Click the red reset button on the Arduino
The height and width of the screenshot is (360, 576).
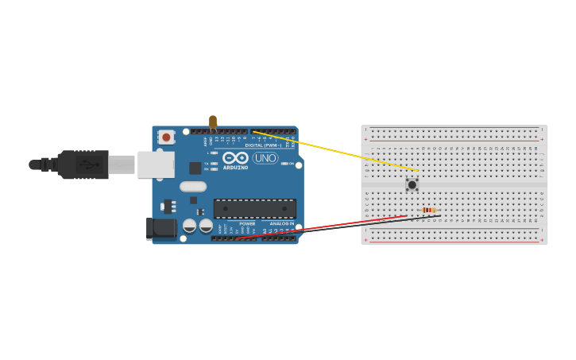[x=166, y=137]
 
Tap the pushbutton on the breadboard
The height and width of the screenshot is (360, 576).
[x=412, y=184]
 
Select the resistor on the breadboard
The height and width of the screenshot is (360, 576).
[x=429, y=210]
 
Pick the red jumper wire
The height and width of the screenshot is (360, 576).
[x=318, y=227]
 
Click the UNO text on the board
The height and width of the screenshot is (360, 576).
[x=265, y=158]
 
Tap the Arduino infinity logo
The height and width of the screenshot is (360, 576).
[x=235, y=157]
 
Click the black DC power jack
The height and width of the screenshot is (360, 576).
[x=161, y=229]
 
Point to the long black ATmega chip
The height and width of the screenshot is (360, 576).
[x=254, y=209]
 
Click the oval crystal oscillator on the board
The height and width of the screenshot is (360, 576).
[x=193, y=187]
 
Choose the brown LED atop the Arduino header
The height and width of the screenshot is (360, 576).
[x=213, y=122]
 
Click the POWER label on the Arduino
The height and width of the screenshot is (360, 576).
[x=247, y=224]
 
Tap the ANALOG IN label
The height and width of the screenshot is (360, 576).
[x=282, y=224]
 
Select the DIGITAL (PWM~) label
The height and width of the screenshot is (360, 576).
[x=264, y=145]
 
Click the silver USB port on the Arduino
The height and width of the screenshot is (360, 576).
[x=156, y=165]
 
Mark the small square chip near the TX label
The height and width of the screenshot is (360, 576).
[x=195, y=168]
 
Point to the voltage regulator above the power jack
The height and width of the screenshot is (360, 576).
[x=168, y=207]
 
